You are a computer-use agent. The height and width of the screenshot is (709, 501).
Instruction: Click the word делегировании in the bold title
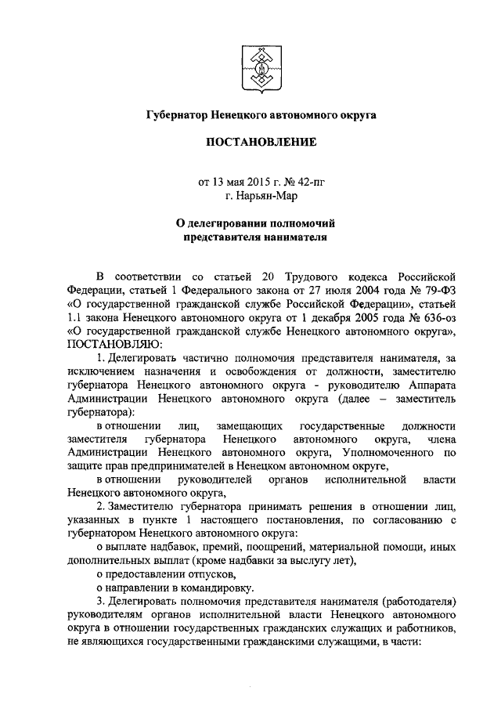pos(232,223)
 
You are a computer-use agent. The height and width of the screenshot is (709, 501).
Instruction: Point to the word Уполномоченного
pos(380,453)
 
